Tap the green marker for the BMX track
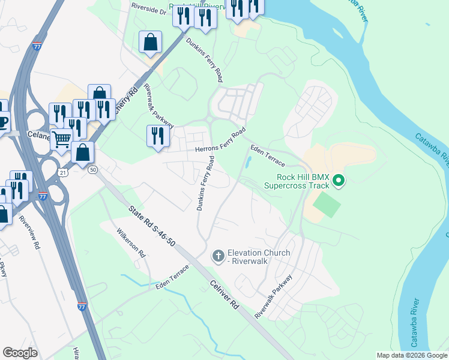point(339,180)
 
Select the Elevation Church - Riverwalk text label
point(259,257)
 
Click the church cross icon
point(217,257)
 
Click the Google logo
point(20,353)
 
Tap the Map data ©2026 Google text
point(412,355)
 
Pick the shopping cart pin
point(61,140)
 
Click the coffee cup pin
point(3,122)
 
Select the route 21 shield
point(63,172)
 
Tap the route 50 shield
point(92,170)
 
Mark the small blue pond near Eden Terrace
point(247,162)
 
